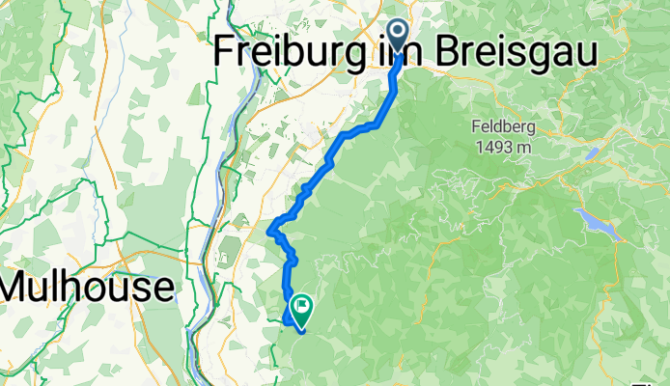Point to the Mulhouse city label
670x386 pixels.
pos(87,287)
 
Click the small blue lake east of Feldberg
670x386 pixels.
pos(591,152)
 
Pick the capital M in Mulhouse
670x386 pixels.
pos(20,287)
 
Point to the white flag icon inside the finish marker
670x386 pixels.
pos(301,307)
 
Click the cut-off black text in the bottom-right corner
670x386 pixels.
pos(660,380)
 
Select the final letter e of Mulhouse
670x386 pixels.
pos(161,287)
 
